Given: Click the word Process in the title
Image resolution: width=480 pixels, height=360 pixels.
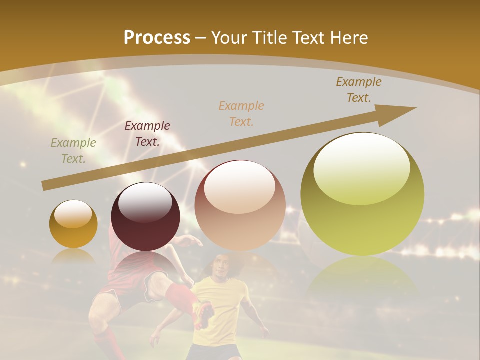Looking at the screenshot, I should [x=157, y=37].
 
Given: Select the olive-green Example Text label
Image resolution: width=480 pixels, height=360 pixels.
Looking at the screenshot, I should [x=73, y=150].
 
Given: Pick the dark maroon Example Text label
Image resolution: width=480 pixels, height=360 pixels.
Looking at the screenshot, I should [x=147, y=133].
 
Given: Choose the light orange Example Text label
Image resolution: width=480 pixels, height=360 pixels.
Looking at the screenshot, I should [x=241, y=113].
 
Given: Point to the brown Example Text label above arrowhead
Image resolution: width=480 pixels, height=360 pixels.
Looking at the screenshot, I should [x=358, y=89].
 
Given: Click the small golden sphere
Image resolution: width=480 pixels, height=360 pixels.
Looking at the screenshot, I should [x=73, y=224].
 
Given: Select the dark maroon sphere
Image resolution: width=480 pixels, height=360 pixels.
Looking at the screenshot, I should [x=145, y=217].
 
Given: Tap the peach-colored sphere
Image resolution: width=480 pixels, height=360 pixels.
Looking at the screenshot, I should [x=240, y=205].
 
